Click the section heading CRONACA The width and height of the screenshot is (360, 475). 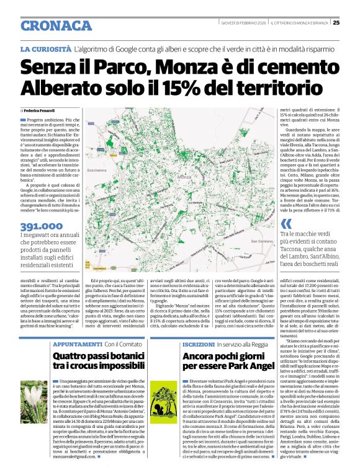tap(55, 25)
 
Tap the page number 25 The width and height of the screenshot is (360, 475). tap(336, 24)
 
